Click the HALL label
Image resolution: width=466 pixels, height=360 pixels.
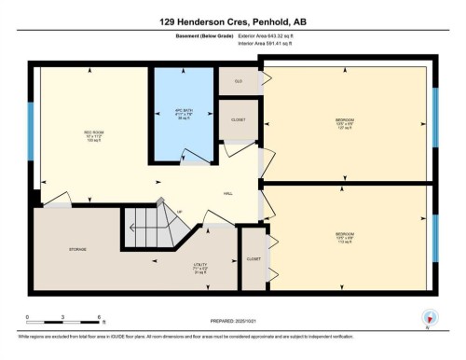coord(227,193)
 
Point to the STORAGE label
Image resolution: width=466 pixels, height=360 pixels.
coord(77,250)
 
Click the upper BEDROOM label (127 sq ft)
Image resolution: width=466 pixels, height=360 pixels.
coord(345,123)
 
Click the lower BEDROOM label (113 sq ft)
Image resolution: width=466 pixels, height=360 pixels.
coord(345,236)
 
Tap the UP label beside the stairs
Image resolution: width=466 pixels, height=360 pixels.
coord(179,213)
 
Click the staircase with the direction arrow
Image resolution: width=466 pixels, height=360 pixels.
coord(145,229)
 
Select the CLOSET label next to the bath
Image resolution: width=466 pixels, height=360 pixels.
coord(239,120)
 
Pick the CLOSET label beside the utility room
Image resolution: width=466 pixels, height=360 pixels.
coord(253,257)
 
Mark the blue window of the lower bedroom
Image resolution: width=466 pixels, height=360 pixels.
coord(435,235)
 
